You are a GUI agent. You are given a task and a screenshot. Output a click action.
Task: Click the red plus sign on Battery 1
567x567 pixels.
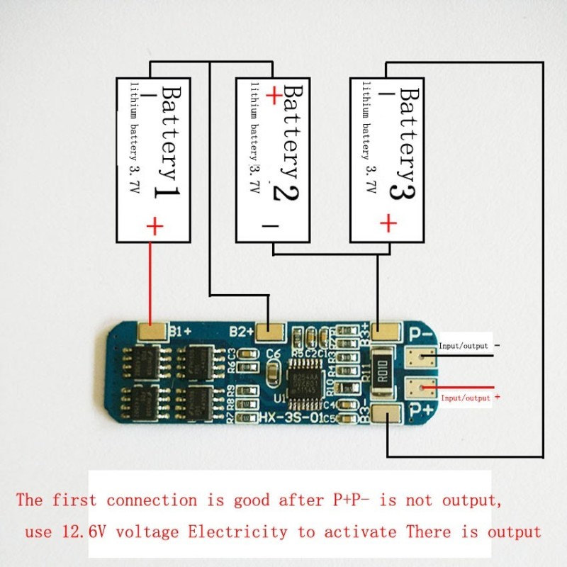(155, 226)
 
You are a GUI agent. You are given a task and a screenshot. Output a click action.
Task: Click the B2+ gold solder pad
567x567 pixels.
(269, 331)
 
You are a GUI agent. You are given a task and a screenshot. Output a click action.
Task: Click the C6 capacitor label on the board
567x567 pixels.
(274, 352)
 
